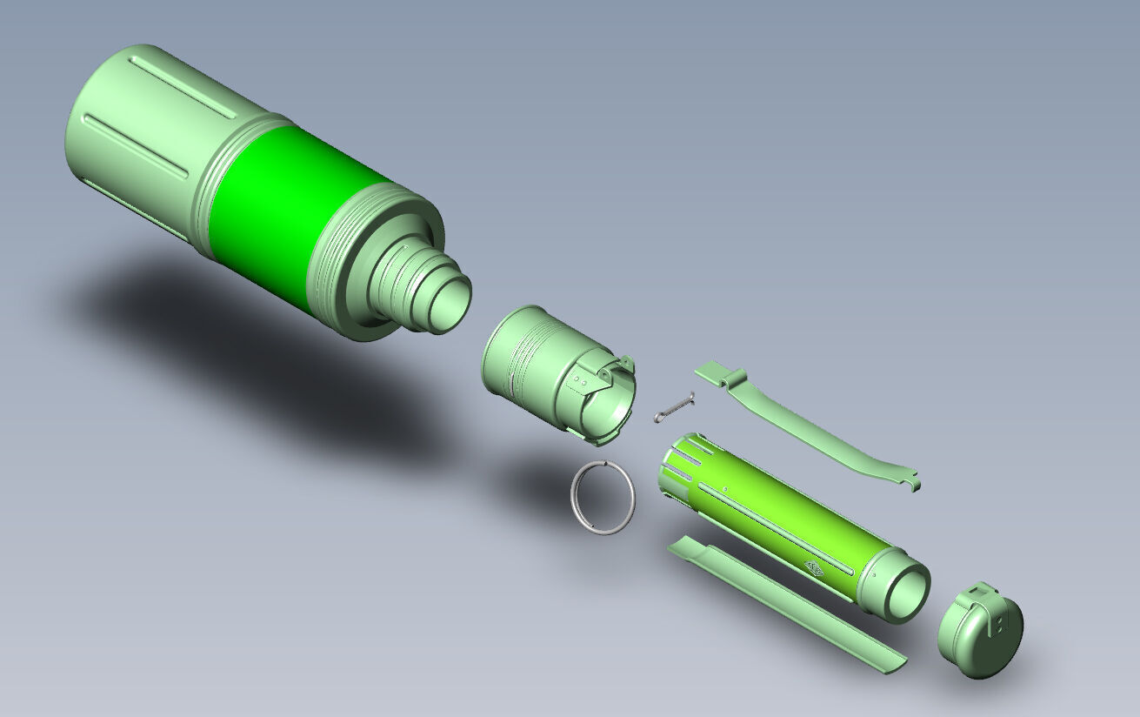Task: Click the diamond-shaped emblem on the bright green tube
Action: point(816,568)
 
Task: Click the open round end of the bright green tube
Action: point(904,592)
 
